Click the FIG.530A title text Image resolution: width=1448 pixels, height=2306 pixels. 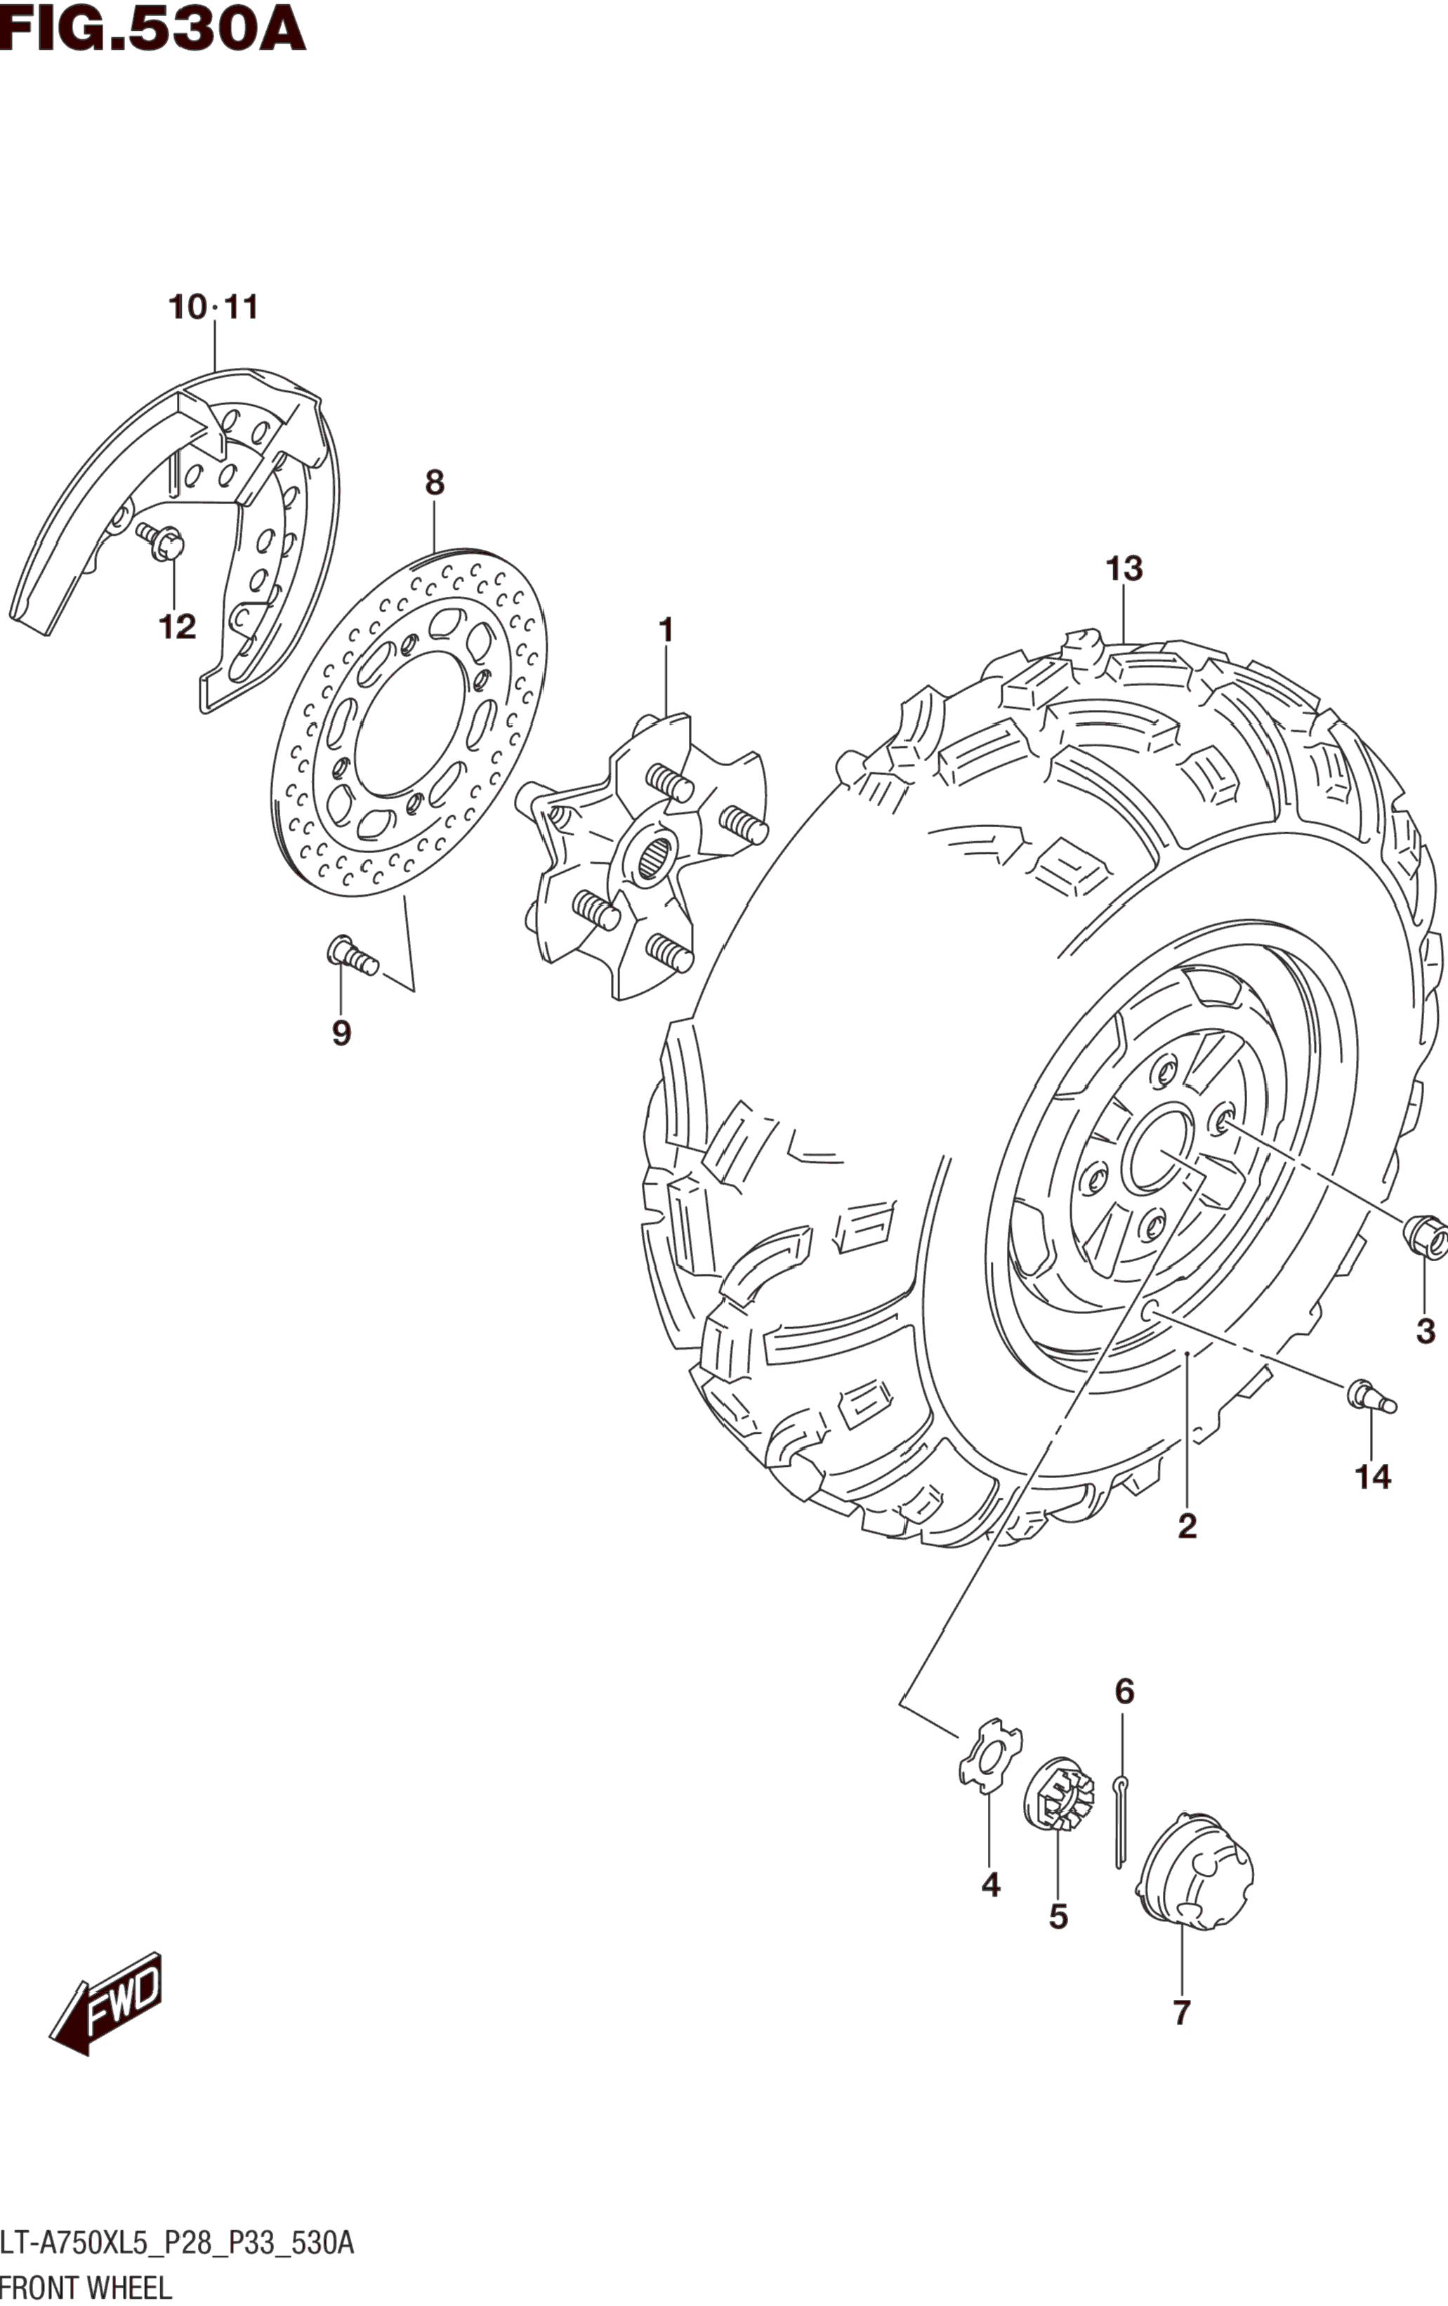(x=153, y=29)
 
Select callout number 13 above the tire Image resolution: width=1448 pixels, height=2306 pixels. (x=1124, y=569)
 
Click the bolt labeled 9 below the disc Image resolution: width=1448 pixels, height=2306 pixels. (x=351, y=955)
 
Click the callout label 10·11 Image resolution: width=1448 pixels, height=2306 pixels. (x=213, y=308)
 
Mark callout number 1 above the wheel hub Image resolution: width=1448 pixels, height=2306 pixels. (x=666, y=631)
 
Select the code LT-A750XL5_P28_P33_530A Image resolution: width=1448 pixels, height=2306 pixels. (x=177, y=2243)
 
